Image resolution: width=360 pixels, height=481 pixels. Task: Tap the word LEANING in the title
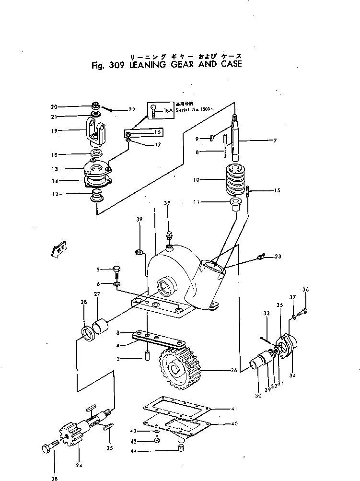145,64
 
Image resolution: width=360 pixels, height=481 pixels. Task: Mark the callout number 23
278,257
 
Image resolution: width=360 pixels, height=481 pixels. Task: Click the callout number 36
305,289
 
